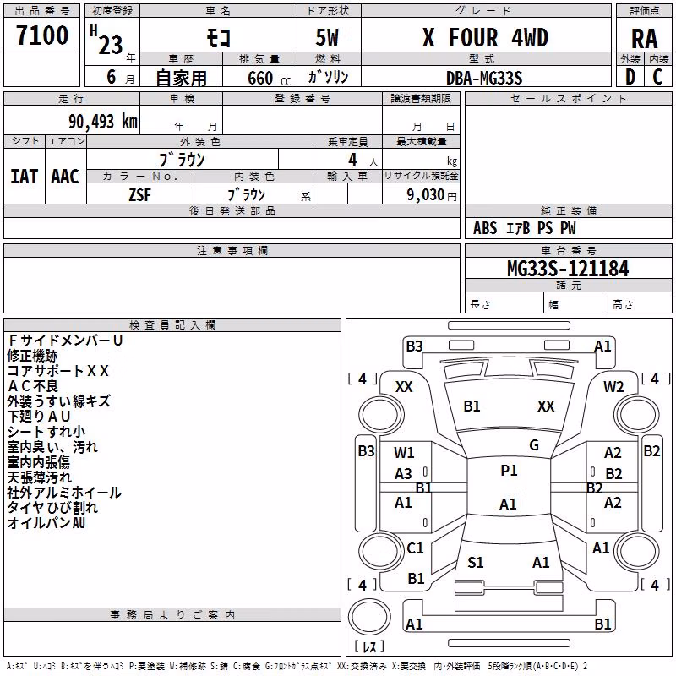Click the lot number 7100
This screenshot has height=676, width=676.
click(x=42, y=35)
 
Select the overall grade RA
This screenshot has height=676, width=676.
click(x=644, y=39)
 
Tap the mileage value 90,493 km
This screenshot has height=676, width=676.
click(x=102, y=122)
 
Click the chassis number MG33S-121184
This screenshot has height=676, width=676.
click(x=568, y=269)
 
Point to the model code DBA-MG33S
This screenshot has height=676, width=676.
click(x=484, y=78)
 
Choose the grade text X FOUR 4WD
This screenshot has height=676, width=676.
click(x=485, y=37)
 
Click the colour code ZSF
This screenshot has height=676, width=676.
click(x=139, y=195)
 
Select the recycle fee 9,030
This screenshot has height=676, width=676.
click(x=425, y=195)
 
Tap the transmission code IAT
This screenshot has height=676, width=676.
click(x=24, y=177)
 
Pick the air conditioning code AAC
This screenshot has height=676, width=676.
click(x=65, y=177)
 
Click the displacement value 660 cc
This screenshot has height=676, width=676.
click(x=269, y=78)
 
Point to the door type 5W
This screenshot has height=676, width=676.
click(x=327, y=37)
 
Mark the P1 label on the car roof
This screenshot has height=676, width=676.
click(x=509, y=471)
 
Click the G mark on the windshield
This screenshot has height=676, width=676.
click(x=534, y=445)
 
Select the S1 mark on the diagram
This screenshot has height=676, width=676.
click(x=476, y=563)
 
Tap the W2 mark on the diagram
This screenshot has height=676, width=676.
click(x=613, y=387)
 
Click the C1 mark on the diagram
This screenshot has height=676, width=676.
click(x=415, y=548)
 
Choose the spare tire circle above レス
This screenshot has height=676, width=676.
click(x=369, y=617)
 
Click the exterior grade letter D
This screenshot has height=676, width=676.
click(x=630, y=77)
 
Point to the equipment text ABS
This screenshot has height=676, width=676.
click(x=485, y=228)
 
